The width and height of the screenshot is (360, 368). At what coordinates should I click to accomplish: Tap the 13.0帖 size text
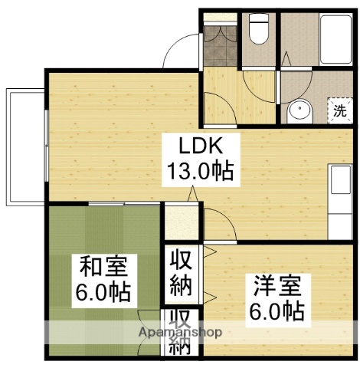point(200,170)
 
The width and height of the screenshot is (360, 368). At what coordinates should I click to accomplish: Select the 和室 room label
point(103,268)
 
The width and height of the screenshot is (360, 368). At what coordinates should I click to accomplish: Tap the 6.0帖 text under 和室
point(103,292)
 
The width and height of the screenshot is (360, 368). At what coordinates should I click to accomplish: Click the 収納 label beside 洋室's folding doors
point(181,272)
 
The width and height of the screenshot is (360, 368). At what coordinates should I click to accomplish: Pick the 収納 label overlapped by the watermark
point(181,331)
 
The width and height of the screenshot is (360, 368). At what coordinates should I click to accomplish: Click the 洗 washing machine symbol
point(339,110)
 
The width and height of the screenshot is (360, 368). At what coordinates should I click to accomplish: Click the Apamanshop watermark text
point(181,333)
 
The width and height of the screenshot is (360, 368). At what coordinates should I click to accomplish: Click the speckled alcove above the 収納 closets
point(181,222)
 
